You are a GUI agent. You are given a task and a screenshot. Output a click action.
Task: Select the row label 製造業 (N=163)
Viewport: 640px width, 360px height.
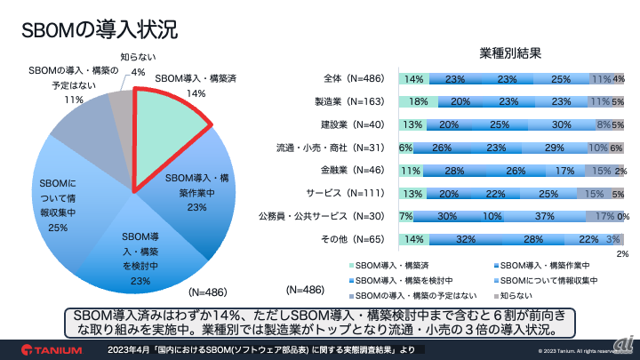click(348, 101)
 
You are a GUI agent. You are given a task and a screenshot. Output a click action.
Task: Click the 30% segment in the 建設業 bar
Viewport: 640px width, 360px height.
click(560, 124)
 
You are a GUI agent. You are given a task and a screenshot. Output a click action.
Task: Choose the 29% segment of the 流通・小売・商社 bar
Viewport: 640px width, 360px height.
click(553, 148)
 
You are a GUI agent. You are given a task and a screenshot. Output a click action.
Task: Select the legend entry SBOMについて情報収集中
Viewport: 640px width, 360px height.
click(542, 278)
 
